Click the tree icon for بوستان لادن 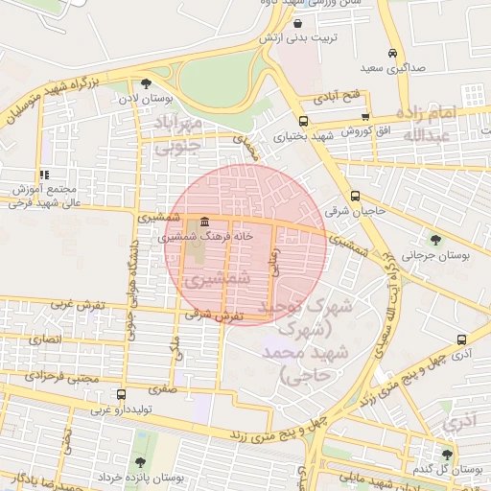(146, 83)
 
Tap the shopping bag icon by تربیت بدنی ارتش (297, 24)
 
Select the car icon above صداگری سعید (392, 54)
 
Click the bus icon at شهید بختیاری (304, 121)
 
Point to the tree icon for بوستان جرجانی (437, 240)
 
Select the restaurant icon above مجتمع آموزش (43, 175)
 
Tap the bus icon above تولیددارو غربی (120, 394)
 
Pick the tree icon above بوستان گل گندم (447, 454)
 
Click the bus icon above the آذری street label (462, 339)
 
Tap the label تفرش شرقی (210, 315)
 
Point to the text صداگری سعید (385, 70)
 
